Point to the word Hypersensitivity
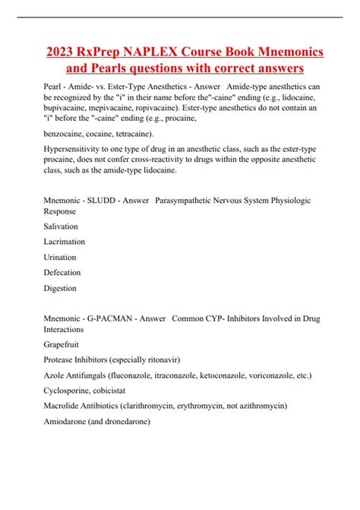[x=76, y=150]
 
